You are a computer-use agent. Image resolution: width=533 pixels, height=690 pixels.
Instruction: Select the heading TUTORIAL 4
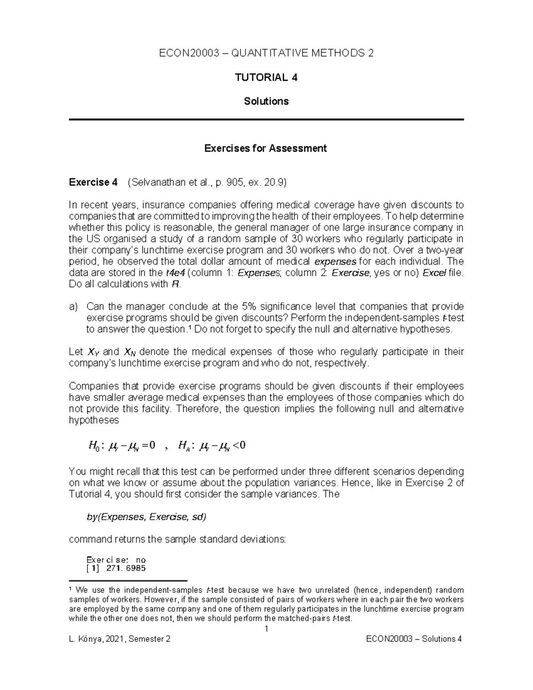tap(266, 78)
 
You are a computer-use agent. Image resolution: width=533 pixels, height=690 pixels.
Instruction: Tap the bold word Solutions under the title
tap(266, 101)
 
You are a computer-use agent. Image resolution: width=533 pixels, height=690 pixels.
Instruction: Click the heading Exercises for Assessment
tap(265, 148)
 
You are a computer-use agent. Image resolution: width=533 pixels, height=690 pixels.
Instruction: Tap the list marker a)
tap(73, 307)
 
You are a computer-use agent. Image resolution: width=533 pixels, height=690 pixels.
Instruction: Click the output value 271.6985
tap(126, 568)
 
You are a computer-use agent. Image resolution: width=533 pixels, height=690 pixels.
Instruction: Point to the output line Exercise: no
tap(116, 560)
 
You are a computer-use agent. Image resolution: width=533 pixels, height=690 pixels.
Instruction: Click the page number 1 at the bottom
tap(266, 629)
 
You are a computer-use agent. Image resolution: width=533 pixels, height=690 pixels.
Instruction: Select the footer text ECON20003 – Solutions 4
tap(414, 639)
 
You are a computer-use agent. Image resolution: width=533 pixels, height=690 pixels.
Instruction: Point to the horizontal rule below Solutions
tap(266, 120)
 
